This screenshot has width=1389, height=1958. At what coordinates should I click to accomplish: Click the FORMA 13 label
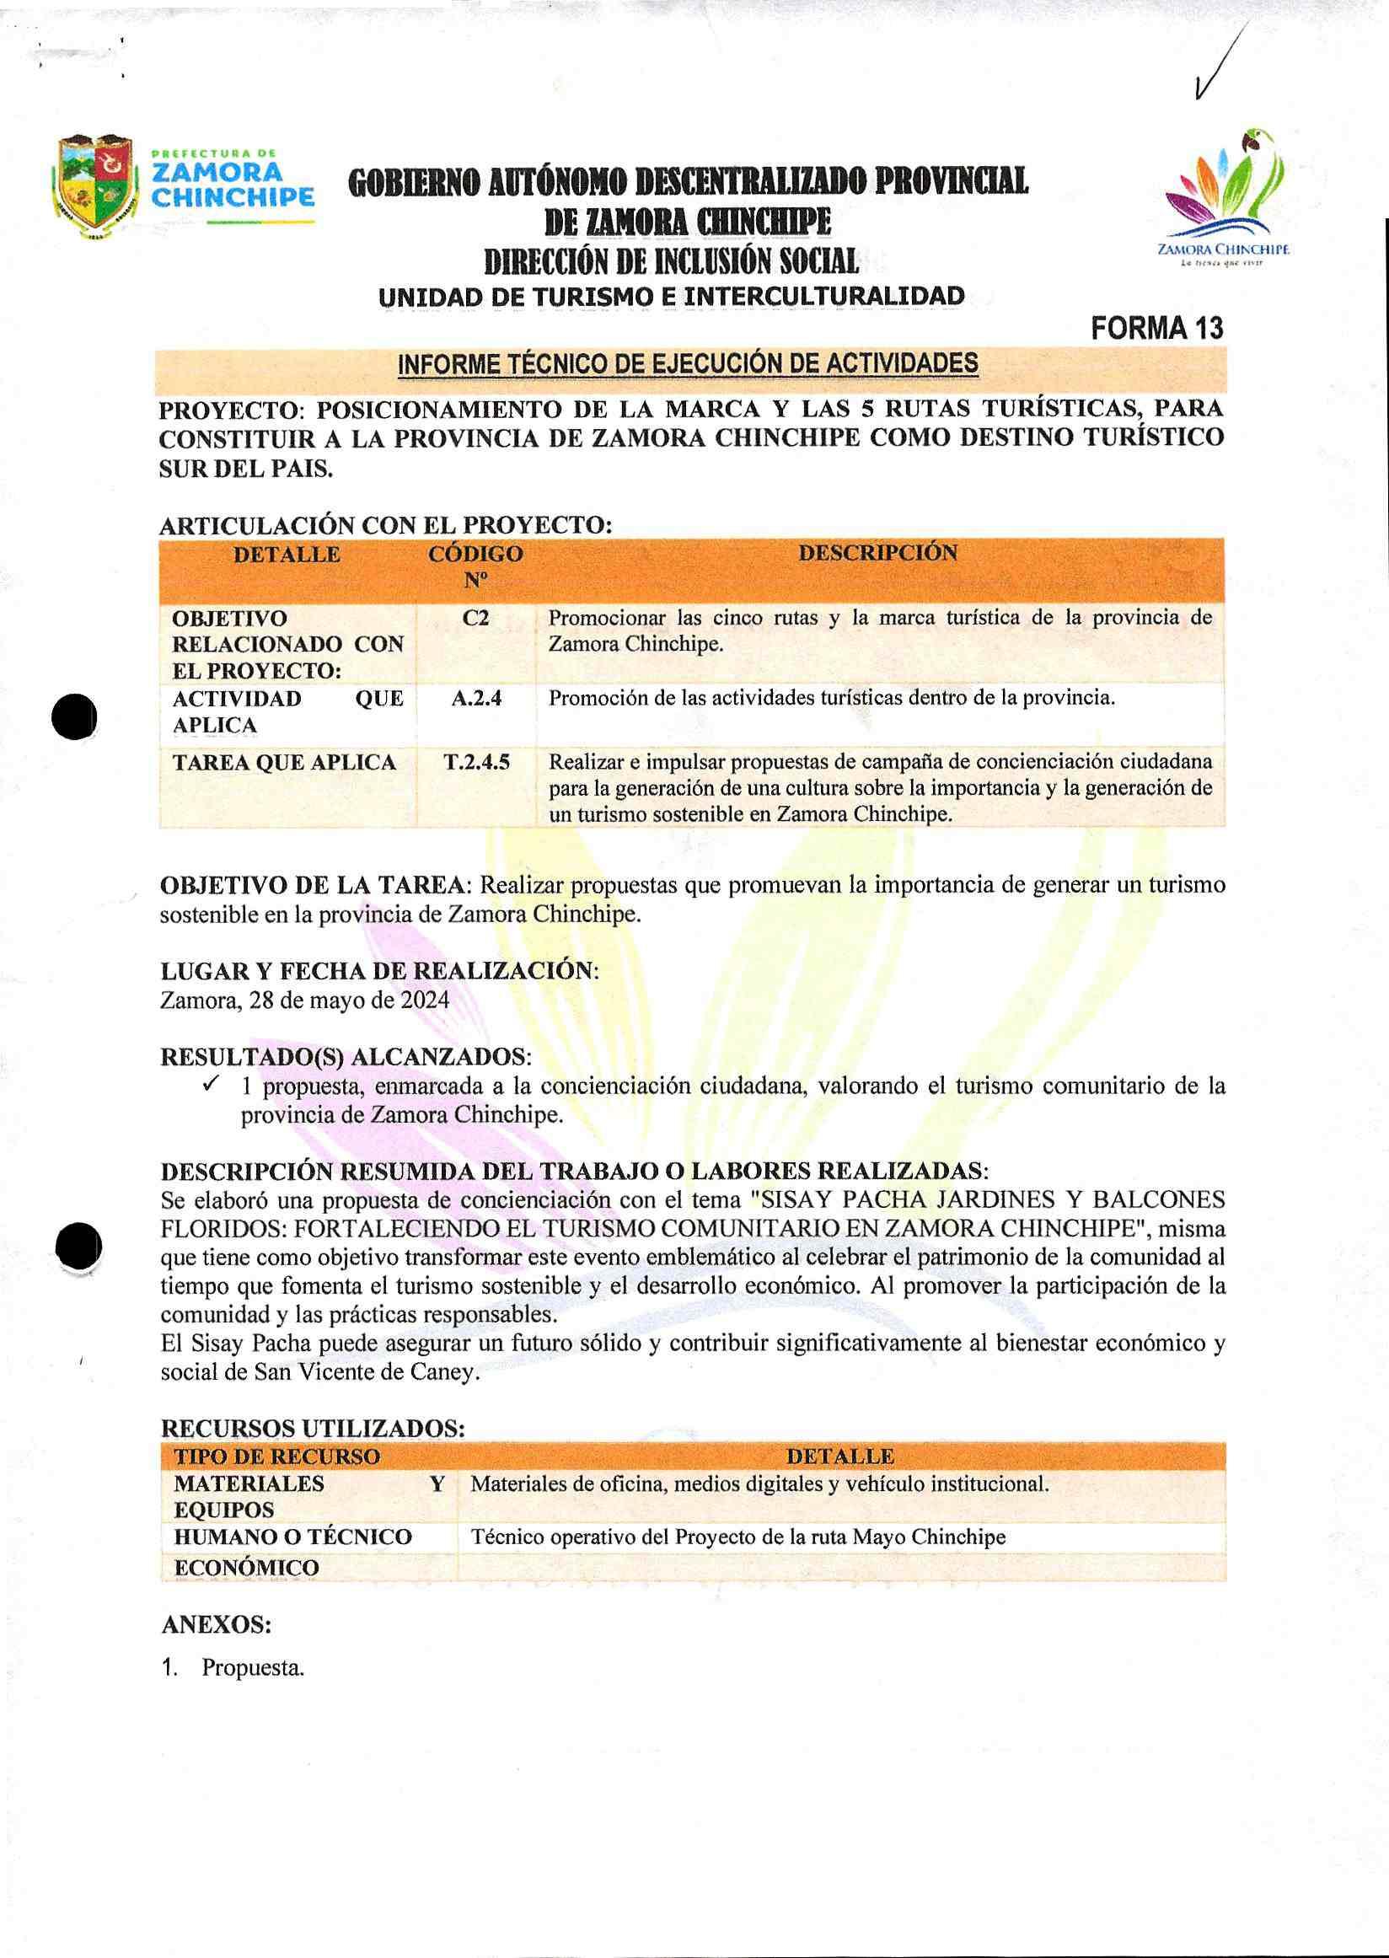[x=1157, y=329]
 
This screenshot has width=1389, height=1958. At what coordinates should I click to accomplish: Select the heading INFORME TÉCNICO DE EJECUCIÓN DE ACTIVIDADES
[x=688, y=364]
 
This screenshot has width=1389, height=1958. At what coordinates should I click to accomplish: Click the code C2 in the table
[x=475, y=618]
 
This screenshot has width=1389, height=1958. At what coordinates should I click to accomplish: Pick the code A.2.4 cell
[x=475, y=698]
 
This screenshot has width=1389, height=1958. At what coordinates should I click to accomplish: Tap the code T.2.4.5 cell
[x=476, y=761]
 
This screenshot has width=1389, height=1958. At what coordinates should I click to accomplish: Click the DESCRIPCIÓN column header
[x=877, y=553]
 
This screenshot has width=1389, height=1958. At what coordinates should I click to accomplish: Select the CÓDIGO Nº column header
[x=475, y=566]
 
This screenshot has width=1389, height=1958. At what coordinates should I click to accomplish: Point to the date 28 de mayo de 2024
[x=349, y=1000]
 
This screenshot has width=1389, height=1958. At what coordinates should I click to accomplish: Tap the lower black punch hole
[x=78, y=1247]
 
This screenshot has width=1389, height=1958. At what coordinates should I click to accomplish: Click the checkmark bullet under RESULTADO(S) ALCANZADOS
[x=212, y=1085]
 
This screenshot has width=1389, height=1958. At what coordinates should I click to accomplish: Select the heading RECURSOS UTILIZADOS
[x=312, y=1429]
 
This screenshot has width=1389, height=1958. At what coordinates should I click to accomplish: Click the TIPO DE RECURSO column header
[x=277, y=1456]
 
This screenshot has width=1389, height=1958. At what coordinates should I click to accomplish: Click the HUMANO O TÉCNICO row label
[x=292, y=1537]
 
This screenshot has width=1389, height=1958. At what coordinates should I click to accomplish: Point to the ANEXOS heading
[x=216, y=1623]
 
